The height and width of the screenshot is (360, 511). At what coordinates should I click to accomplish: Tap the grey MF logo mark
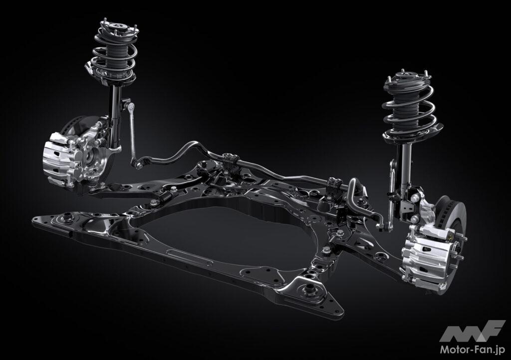click(x=473, y=331)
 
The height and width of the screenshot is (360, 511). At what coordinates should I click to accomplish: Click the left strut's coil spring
click(x=114, y=59)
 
